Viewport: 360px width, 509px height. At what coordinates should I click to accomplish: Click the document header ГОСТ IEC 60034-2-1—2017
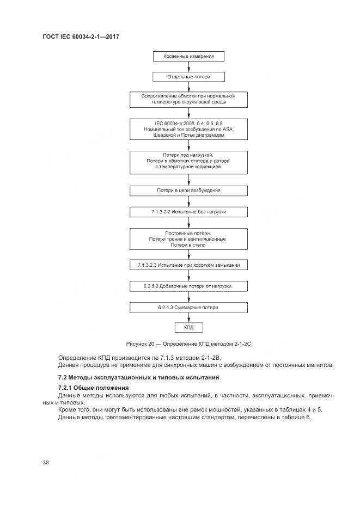[x=81, y=36]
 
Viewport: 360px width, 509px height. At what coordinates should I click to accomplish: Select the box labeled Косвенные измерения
[x=188, y=56]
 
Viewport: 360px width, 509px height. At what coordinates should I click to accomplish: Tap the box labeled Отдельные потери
[x=188, y=77]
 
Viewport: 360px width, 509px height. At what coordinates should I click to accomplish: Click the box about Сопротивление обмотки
[x=188, y=99]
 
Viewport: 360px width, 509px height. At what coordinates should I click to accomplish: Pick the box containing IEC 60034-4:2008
[x=188, y=129]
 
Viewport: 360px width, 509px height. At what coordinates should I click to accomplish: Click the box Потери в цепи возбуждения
[x=188, y=191]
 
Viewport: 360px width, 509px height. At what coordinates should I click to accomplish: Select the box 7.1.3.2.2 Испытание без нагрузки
[x=188, y=211]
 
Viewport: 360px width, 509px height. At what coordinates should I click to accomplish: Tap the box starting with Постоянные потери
[x=188, y=239]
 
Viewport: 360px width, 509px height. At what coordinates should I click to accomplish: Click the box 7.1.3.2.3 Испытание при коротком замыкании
[x=188, y=265]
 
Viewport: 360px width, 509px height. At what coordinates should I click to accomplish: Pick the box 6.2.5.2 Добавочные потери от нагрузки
[x=188, y=286]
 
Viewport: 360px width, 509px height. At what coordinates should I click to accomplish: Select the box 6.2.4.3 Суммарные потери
[x=188, y=307]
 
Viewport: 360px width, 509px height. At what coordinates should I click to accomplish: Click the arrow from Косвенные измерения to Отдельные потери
[x=188, y=66]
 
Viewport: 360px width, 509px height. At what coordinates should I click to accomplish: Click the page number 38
[x=46, y=462]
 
